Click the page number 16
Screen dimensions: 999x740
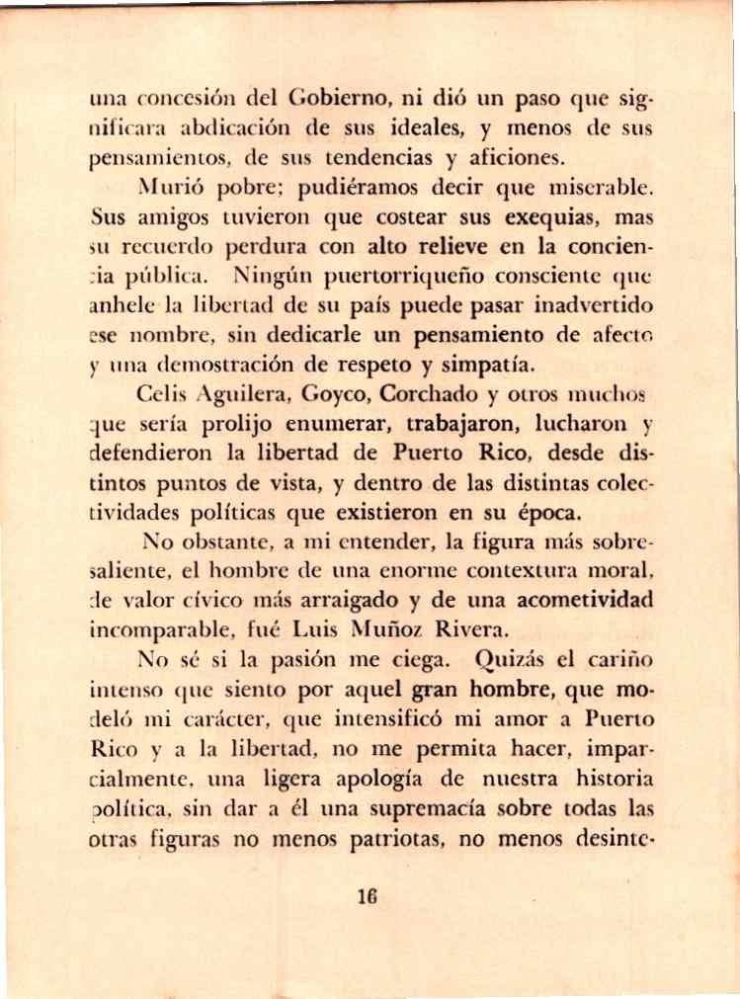click(x=370, y=898)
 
